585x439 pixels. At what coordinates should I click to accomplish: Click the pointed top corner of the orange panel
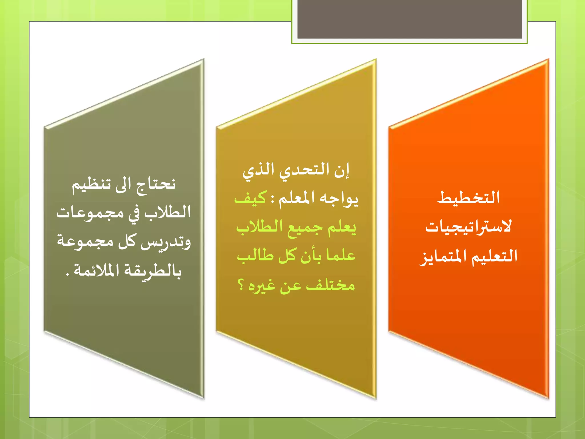(x=548, y=60)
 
